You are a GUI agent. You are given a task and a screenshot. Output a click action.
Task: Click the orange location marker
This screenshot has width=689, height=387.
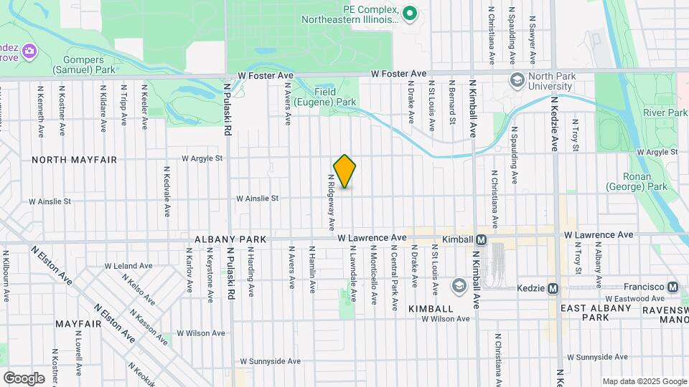(x=344, y=171)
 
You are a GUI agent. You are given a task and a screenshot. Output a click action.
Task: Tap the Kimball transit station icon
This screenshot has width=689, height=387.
(x=481, y=239)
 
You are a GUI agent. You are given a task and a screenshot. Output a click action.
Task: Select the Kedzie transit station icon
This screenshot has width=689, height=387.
(x=553, y=288)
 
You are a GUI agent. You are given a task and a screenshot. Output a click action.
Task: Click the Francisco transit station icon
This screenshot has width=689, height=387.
(x=672, y=287)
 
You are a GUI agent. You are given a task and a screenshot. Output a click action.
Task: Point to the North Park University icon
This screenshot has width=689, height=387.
(x=516, y=79)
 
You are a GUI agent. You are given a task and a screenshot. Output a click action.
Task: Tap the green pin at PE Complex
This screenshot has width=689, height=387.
(x=410, y=12)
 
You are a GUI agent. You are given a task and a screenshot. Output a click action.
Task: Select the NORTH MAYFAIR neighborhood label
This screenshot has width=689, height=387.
(x=74, y=160)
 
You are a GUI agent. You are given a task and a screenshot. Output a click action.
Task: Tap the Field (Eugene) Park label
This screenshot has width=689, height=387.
(x=335, y=97)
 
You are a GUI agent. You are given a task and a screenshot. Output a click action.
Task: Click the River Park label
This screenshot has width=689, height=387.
(x=665, y=113)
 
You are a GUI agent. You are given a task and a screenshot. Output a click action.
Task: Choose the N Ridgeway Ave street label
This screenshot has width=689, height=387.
(x=332, y=202)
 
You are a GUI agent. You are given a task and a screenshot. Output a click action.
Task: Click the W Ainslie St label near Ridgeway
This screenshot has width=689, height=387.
(x=258, y=198)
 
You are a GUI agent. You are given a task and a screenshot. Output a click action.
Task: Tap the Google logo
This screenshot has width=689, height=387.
(x=24, y=378)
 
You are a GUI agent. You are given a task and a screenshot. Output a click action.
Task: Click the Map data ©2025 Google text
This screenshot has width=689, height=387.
(x=644, y=381)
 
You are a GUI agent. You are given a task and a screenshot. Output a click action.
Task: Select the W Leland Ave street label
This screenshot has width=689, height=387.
(x=128, y=265)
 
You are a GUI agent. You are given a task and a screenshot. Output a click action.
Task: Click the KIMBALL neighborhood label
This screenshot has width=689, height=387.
(x=431, y=308)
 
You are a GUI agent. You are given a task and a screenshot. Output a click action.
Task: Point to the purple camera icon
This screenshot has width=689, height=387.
(x=29, y=51)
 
